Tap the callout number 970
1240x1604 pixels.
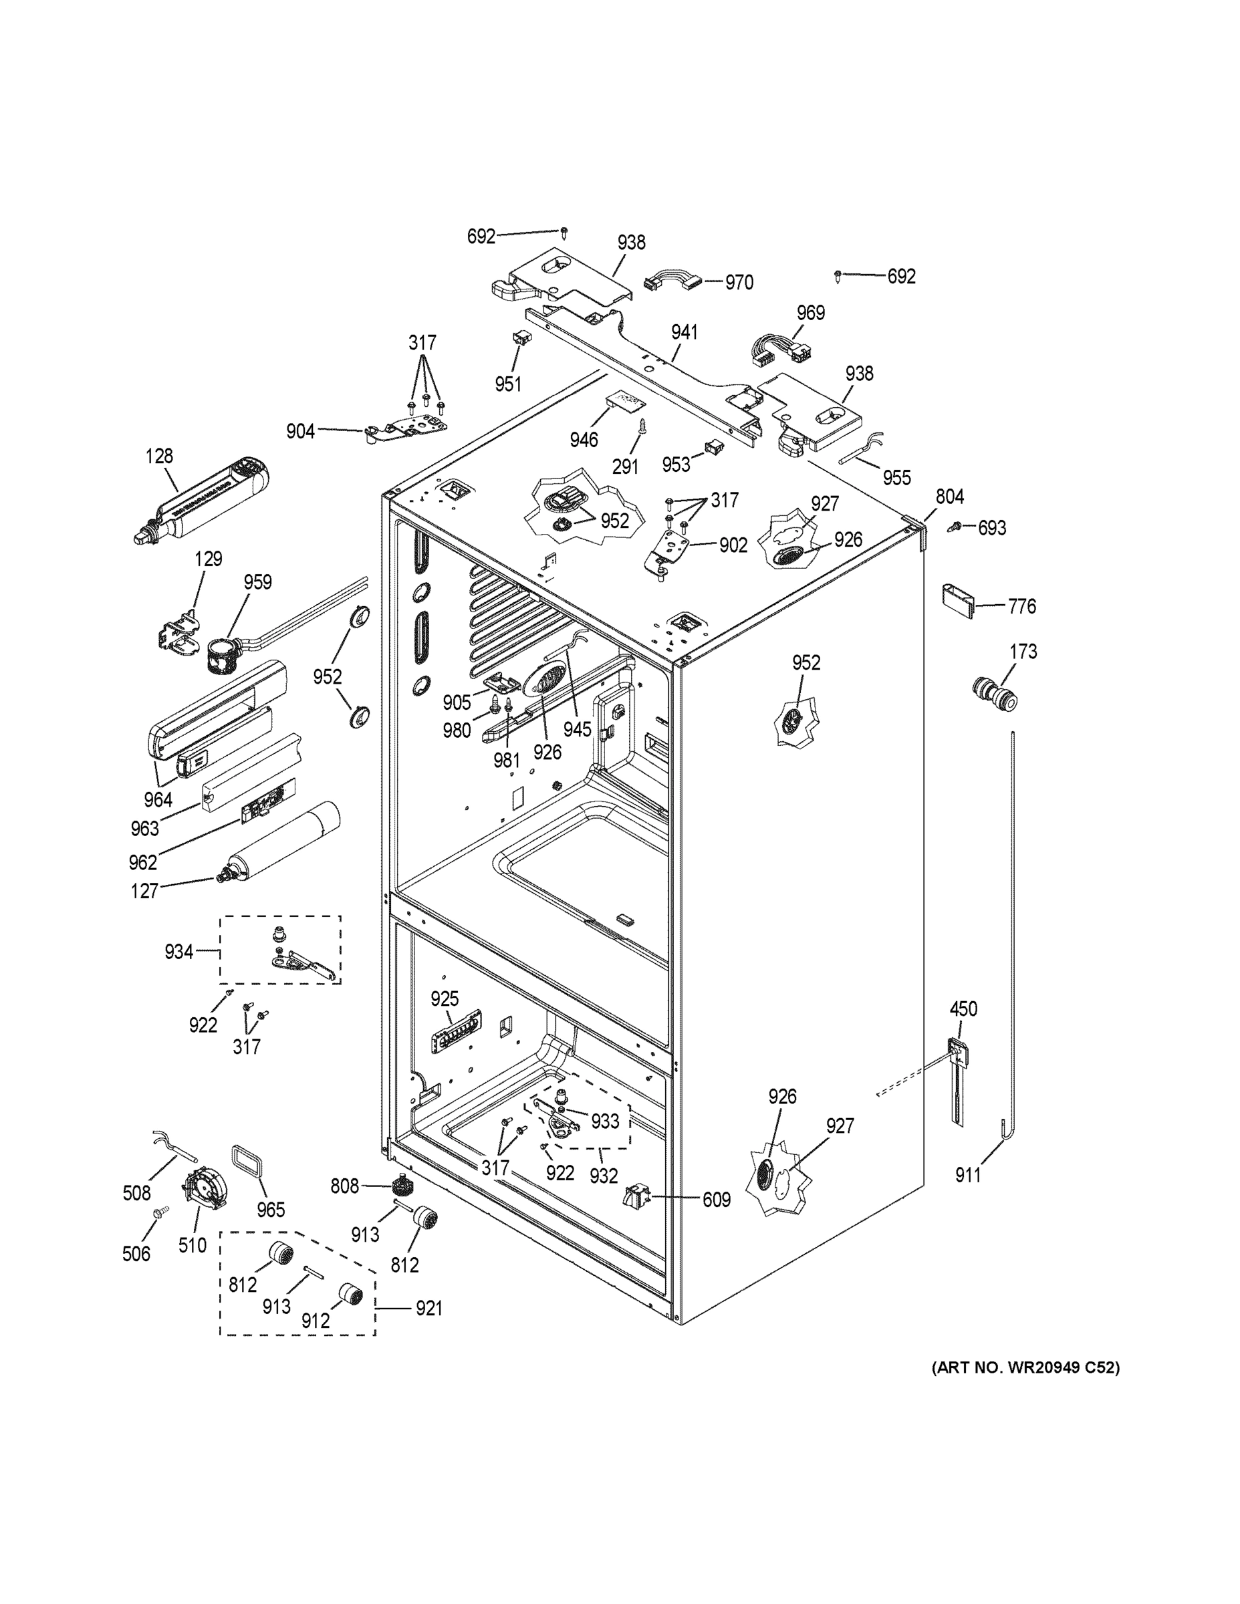(x=739, y=283)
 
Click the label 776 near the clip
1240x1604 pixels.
(x=1021, y=606)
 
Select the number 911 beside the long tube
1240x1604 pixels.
(x=967, y=1176)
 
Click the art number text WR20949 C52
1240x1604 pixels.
(x=1025, y=1367)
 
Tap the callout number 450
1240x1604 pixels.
(x=963, y=1009)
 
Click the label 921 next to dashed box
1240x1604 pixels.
(x=428, y=1308)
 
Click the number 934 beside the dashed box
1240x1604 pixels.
(x=178, y=952)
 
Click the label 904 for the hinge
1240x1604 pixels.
(x=300, y=431)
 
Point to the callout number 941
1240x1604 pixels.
(x=684, y=332)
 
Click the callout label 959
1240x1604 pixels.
(x=257, y=581)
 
